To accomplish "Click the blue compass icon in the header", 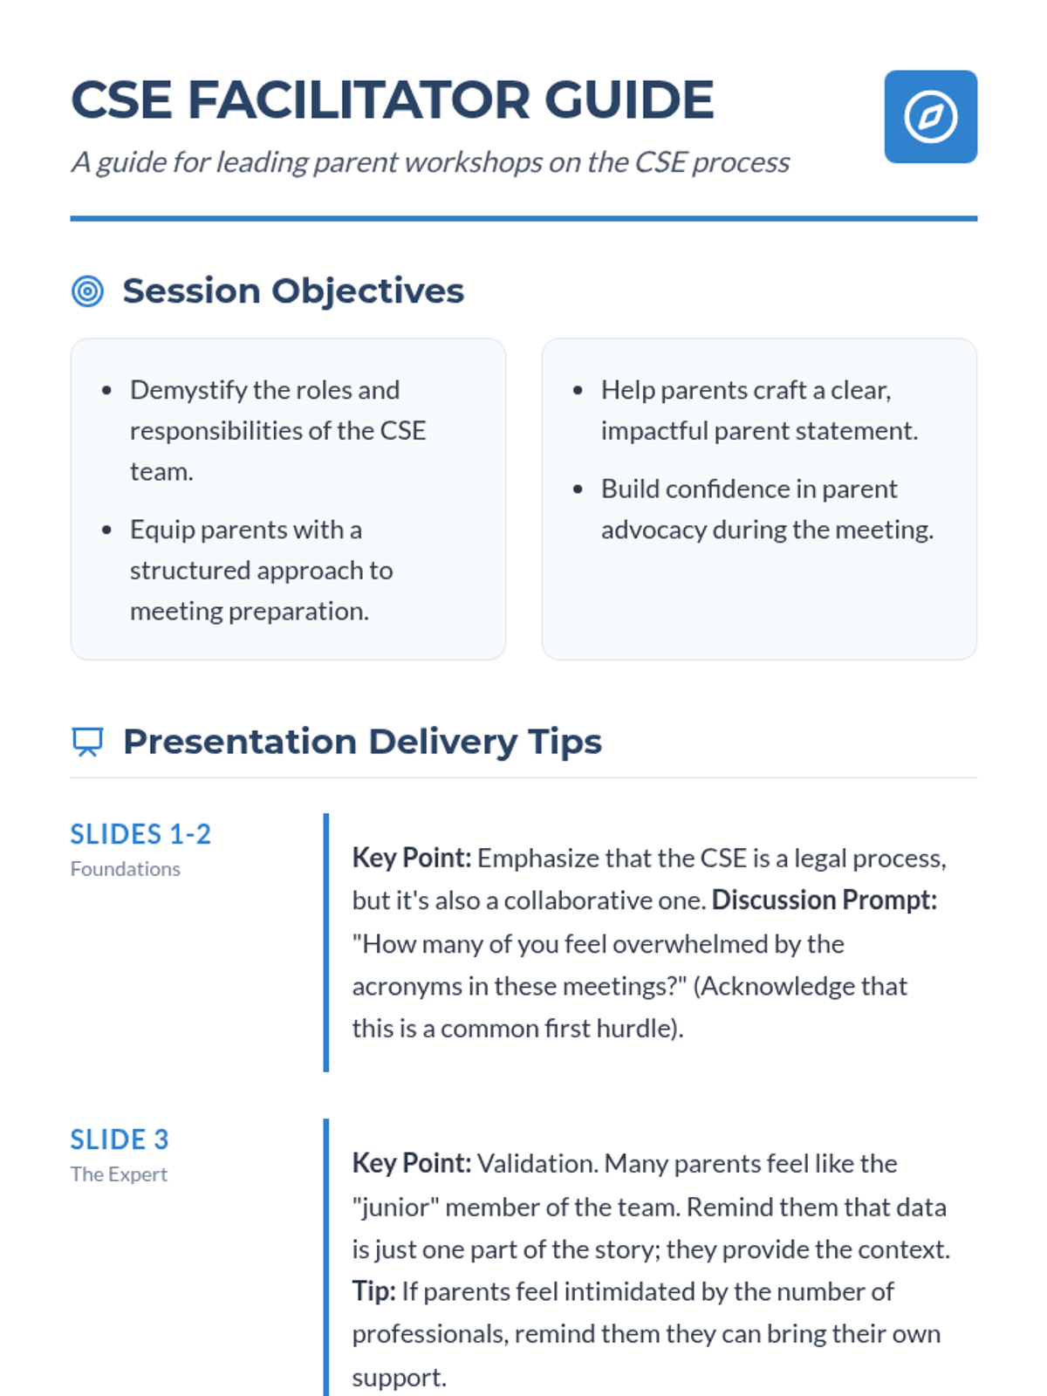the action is tap(930, 116).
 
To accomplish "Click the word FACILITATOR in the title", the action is tap(358, 99).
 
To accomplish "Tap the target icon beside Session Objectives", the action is tap(87, 291).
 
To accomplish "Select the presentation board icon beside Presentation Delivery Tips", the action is tap(87, 742).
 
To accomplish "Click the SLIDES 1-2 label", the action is tap(140, 834).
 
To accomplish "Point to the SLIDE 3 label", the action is tap(119, 1139).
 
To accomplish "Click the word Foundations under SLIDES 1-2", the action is tap(126, 869).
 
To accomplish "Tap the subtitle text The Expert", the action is tap(119, 1174).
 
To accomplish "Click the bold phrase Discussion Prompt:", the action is tap(824, 900).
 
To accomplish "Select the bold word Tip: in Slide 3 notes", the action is tap(373, 1291).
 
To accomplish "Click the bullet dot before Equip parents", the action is tap(106, 530).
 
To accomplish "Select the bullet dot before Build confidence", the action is tap(578, 489).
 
